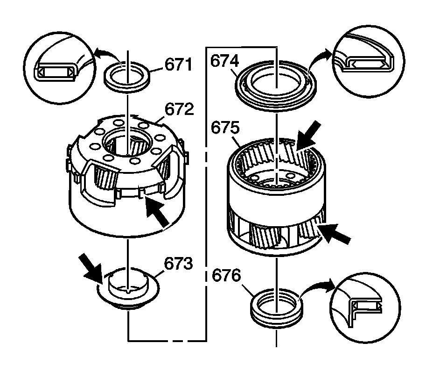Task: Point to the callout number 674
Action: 225,62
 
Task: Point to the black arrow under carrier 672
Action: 157,214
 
